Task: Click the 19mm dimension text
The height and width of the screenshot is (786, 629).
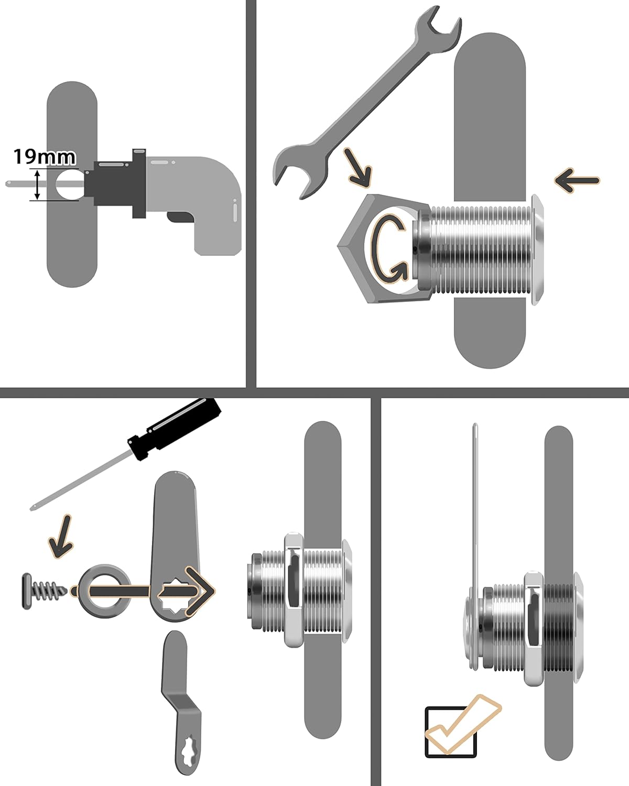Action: click(x=44, y=157)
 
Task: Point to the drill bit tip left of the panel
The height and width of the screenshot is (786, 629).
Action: click(x=9, y=183)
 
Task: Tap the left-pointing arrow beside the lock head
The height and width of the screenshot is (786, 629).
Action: click(x=577, y=181)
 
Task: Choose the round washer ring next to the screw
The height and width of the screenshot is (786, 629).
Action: click(x=105, y=591)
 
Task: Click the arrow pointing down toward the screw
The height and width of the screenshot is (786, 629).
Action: click(x=60, y=536)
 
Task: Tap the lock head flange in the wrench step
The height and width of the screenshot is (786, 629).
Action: click(x=538, y=249)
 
